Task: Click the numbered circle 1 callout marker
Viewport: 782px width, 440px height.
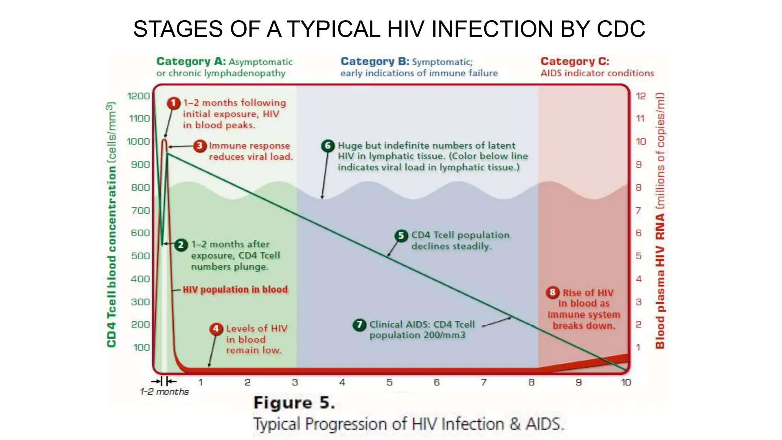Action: click(174, 103)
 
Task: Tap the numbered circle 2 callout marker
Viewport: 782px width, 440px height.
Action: click(181, 244)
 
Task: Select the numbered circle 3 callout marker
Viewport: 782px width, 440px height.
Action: click(199, 146)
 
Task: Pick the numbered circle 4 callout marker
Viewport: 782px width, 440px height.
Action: click(216, 328)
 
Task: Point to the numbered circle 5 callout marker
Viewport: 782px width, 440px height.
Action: click(401, 235)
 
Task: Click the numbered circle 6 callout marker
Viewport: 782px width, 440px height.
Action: click(328, 146)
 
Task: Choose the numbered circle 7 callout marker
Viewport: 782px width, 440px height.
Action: click(359, 325)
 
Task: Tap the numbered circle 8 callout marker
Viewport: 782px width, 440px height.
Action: click(553, 293)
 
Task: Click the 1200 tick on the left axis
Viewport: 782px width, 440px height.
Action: click(138, 96)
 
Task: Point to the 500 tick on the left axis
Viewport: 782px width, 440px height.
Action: click(140, 256)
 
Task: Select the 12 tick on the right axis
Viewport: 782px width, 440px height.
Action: click(640, 96)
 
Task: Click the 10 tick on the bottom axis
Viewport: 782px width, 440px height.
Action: click(625, 382)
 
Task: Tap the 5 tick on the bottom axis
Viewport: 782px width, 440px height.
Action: click(389, 382)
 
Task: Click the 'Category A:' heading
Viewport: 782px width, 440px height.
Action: click(191, 61)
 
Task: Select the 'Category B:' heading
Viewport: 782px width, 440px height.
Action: click(375, 61)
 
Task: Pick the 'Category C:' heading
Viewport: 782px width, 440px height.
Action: click(575, 61)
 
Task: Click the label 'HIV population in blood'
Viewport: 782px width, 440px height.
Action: click(235, 290)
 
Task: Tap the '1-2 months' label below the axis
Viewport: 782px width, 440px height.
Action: click(164, 392)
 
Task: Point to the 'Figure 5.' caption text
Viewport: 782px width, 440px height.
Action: click(294, 403)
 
